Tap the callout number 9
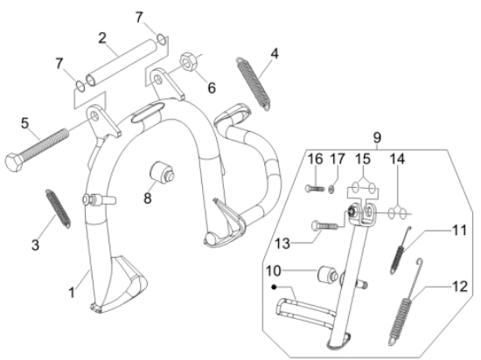377,136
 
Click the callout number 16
315,158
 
